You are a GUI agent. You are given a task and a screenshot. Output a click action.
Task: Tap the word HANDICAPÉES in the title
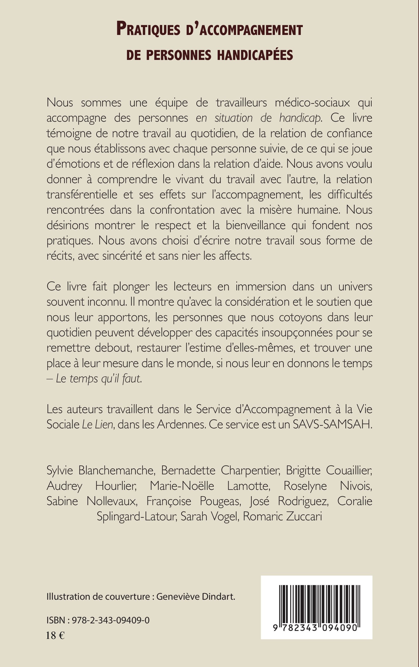[x=255, y=55]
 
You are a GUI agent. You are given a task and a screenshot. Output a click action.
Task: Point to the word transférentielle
[x=82, y=194]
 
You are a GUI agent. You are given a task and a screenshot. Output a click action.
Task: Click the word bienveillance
[x=256, y=225]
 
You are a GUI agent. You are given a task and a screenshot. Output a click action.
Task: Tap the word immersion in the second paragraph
[x=261, y=286]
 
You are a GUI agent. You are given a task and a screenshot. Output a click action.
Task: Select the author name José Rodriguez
[x=289, y=501]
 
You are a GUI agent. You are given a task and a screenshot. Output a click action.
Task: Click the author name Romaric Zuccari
[x=282, y=516]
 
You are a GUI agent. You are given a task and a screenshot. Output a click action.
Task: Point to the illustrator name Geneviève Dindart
[x=195, y=596]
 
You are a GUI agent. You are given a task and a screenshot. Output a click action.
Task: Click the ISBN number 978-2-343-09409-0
[x=111, y=620]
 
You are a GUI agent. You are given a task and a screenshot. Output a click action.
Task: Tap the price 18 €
[x=55, y=635]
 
